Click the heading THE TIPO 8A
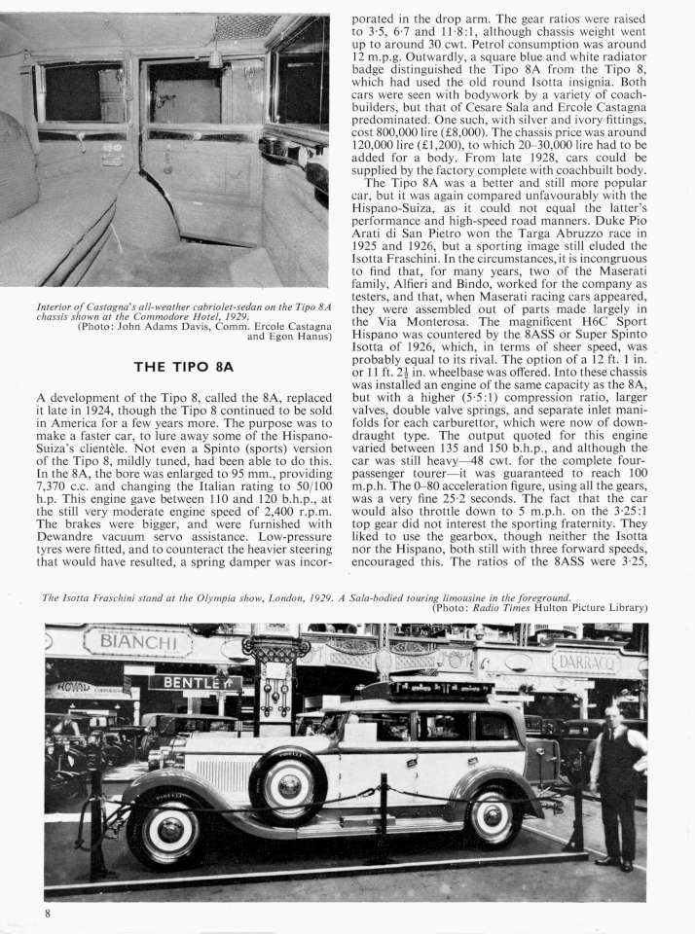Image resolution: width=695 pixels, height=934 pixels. pyautogui.click(x=184, y=367)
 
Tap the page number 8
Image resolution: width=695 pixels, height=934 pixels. pyautogui.click(x=46, y=912)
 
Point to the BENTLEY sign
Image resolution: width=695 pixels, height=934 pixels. pyautogui.click(x=194, y=683)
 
